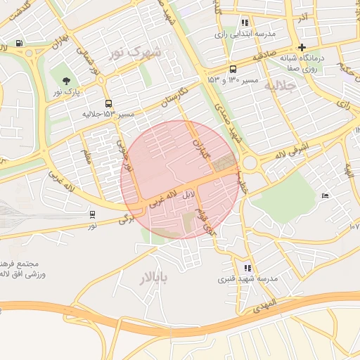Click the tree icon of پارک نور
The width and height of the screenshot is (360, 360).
[x=66, y=81]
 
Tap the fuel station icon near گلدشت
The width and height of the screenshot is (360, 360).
[x=19, y=44]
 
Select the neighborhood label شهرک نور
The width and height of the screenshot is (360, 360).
[x=134, y=53]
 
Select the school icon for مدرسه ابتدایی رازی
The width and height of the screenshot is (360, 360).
[x=244, y=22]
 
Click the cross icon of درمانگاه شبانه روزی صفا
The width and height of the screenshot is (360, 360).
[x=302, y=48]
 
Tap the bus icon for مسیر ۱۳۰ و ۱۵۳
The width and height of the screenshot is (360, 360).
[x=233, y=69]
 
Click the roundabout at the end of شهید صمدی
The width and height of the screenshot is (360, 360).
[x=250, y=162]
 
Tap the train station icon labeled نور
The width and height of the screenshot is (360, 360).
[x=93, y=214]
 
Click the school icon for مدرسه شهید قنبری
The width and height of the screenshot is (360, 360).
[x=247, y=268]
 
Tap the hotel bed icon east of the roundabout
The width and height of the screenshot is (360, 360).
[x=324, y=195]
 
